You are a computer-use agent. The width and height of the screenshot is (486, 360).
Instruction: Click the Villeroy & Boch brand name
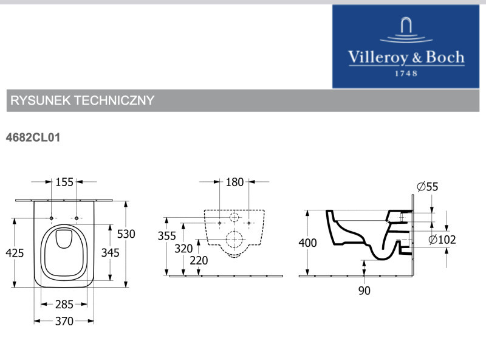click(x=406, y=58)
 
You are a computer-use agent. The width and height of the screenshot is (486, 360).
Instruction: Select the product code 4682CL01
click(x=33, y=138)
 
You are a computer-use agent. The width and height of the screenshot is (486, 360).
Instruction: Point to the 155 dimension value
click(x=64, y=182)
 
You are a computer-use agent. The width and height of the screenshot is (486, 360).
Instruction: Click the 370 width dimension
click(x=64, y=321)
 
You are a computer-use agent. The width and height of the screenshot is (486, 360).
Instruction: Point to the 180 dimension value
click(x=234, y=182)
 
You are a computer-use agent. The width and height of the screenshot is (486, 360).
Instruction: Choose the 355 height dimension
click(x=166, y=235)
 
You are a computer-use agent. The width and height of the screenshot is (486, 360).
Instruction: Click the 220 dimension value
click(x=199, y=261)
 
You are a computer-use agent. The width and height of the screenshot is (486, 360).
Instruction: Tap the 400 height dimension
click(x=308, y=243)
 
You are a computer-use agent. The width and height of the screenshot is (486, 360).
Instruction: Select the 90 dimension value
click(x=364, y=291)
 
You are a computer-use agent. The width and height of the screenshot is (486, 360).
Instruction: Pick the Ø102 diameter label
click(x=442, y=240)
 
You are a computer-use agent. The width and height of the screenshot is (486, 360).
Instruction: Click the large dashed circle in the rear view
click(x=234, y=242)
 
